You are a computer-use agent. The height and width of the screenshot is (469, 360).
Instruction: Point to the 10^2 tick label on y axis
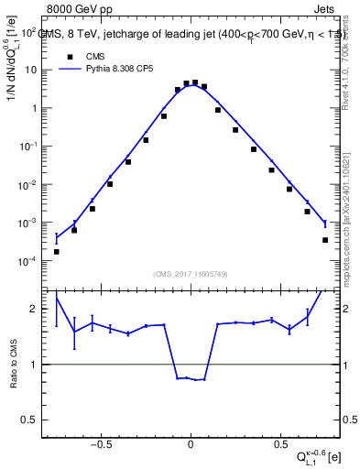[x=28, y=32]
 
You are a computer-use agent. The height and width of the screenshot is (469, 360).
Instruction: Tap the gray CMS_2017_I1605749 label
[x=191, y=273]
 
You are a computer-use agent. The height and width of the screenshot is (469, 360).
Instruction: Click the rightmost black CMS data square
[x=325, y=240]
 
